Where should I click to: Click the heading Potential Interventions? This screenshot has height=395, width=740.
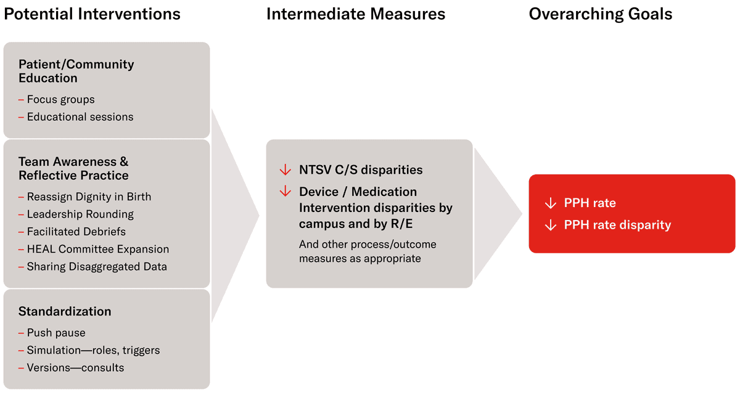coord(92,14)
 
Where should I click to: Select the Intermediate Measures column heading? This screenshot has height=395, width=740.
coord(356,14)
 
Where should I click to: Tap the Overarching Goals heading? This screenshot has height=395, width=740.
coord(601,14)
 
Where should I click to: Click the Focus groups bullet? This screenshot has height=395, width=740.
coord(60,99)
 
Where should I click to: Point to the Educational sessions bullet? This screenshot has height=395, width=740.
coord(80,116)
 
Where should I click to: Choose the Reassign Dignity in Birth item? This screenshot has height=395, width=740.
coord(89,197)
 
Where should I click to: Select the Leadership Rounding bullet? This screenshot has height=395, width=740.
coord(80,214)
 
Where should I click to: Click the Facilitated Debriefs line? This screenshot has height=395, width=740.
coord(76,232)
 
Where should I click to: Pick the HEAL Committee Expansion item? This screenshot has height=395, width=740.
coord(97,249)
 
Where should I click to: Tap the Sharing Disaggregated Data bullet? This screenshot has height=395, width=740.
coord(97,267)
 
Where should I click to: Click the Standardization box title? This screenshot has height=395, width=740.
coord(65,311)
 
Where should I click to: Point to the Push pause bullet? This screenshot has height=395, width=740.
coord(56,333)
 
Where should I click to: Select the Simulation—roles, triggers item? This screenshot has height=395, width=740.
coord(93,350)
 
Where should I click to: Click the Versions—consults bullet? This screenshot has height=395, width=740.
coord(75,368)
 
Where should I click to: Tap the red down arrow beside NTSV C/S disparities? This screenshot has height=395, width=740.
coord(285,169)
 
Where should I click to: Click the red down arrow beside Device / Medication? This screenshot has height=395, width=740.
coord(285,192)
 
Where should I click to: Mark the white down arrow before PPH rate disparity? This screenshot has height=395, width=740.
coord(551,225)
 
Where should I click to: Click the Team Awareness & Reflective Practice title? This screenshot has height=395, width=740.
coord(73,168)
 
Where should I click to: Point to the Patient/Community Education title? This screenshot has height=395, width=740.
coord(76,71)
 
